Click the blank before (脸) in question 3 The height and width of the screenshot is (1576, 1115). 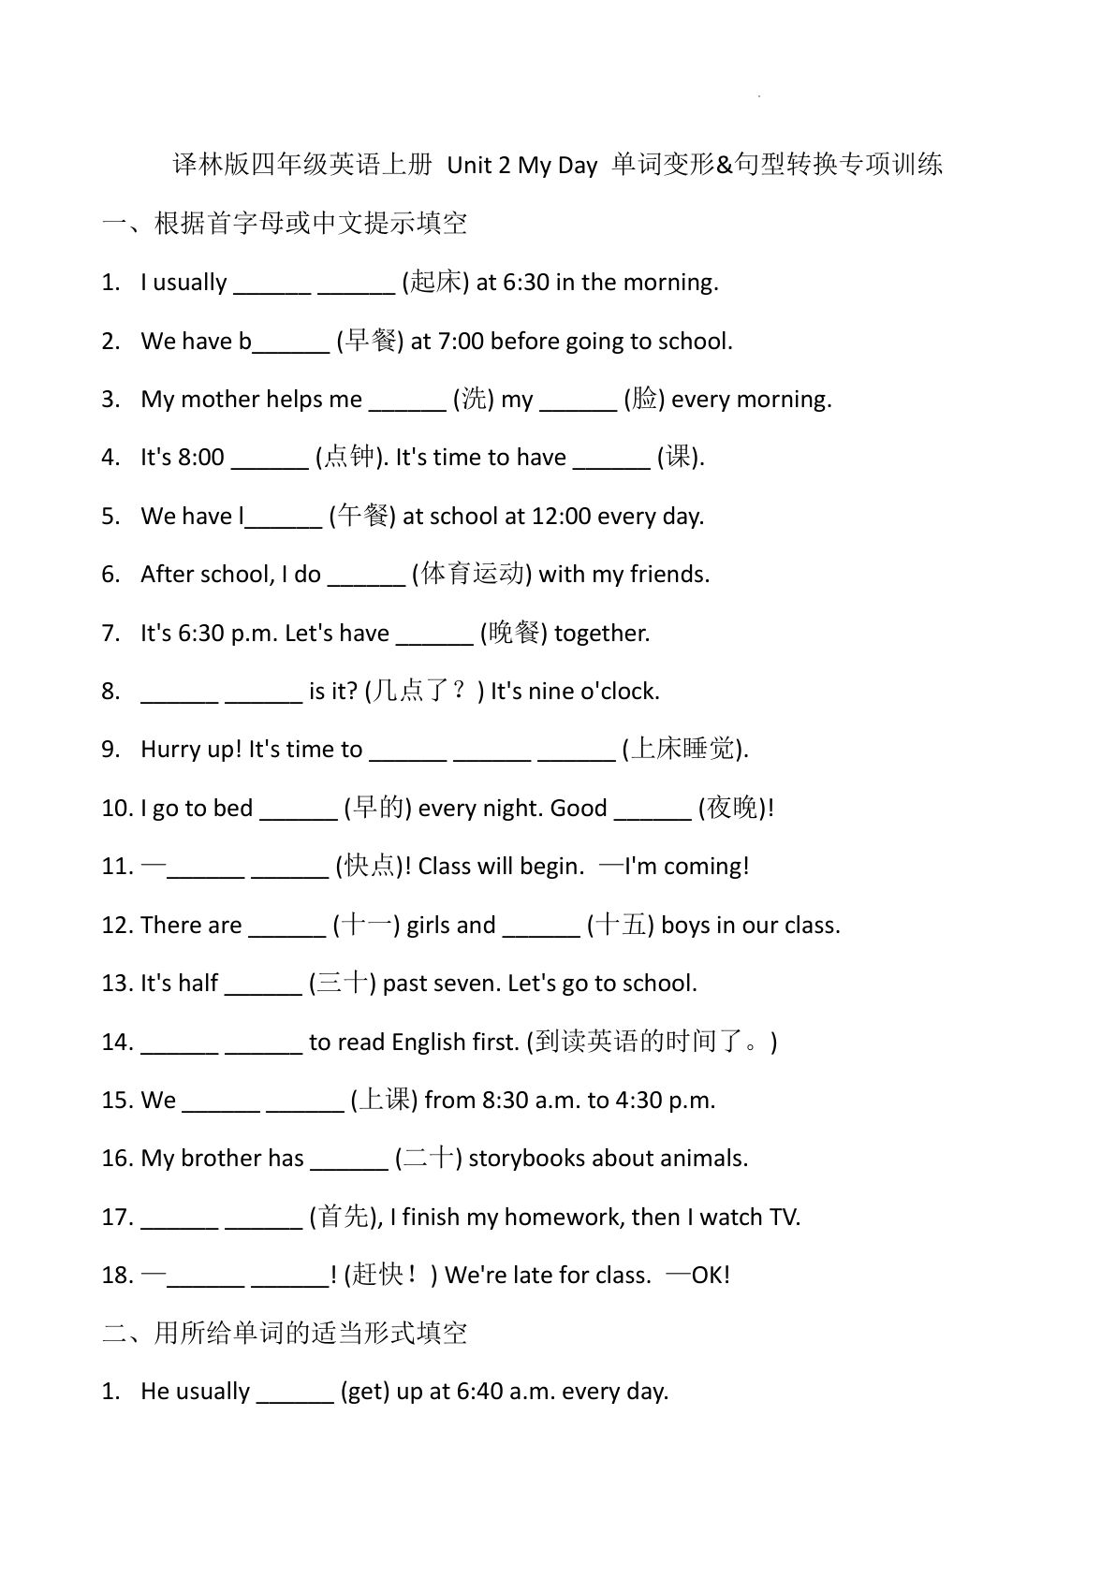pyautogui.click(x=579, y=401)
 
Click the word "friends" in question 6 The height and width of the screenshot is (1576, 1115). pyautogui.click(x=668, y=574)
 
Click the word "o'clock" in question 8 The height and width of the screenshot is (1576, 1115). pyautogui.click(x=620, y=691)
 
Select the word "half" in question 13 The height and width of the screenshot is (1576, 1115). pyautogui.click(x=198, y=983)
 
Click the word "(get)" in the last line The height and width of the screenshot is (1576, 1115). pyautogui.click(x=364, y=1391)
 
